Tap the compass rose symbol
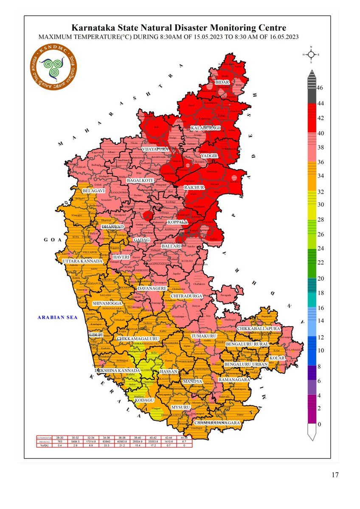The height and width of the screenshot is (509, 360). (x=311, y=55)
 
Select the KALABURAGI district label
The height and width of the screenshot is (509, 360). (x=206, y=128)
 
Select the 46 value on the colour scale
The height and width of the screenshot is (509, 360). (x=320, y=88)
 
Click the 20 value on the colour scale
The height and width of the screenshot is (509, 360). (x=320, y=278)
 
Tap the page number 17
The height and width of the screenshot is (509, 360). (x=335, y=475)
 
